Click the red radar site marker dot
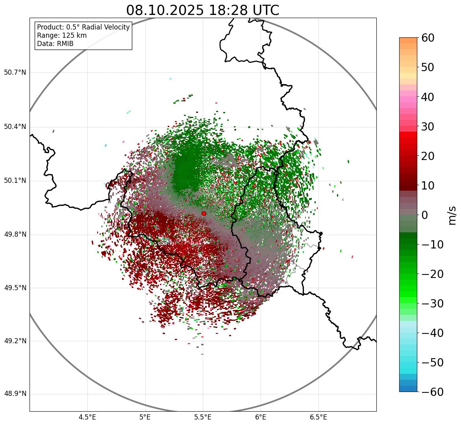204,213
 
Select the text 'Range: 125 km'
62,35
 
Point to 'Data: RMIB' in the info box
55,44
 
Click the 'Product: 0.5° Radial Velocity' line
83,27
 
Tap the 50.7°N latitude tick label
15,73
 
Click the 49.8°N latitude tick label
15,235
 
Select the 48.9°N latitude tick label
15,394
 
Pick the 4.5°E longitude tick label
87,417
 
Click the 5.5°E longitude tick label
203,417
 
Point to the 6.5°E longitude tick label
318,417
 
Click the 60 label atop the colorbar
428,38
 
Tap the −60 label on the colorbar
432,392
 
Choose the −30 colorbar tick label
432,304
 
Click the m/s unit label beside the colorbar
452,215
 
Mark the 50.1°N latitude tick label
15,181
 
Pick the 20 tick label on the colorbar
428,156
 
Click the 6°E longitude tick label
261,417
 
